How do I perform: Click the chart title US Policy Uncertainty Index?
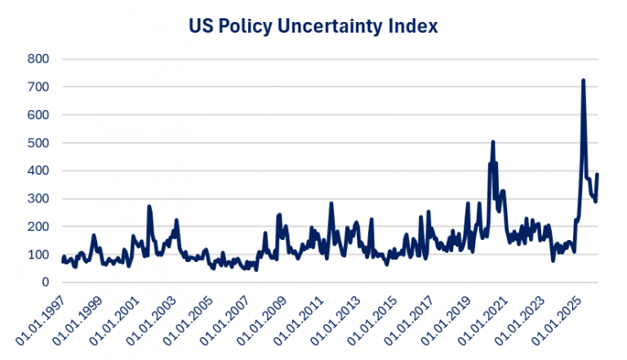click(313, 26)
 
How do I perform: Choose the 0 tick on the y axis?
click(46, 282)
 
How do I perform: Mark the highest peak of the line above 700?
click(583, 80)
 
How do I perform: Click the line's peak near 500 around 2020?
click(493, 142)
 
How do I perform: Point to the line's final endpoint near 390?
click(598, 174)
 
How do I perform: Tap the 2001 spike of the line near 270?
click(149, 207)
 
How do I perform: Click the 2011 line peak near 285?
click(331, 203)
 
